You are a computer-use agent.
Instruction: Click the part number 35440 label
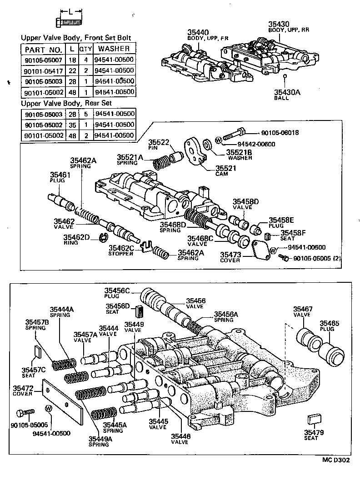tap(198, 32)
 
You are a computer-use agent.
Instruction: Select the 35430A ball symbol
tap(284, 76)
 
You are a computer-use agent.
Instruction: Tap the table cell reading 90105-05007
tap(43, 60)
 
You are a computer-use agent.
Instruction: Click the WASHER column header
tap(114, 49)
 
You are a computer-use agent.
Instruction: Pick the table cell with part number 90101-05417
tap(43, 70)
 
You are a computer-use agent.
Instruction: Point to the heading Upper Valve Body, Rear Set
tap(66, 103)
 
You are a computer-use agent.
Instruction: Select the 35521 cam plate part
tap(193, 152)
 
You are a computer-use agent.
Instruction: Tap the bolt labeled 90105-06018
tap(234, 134)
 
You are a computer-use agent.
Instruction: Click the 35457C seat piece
tap(38, 352)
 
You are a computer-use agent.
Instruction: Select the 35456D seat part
tap(140, 312)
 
